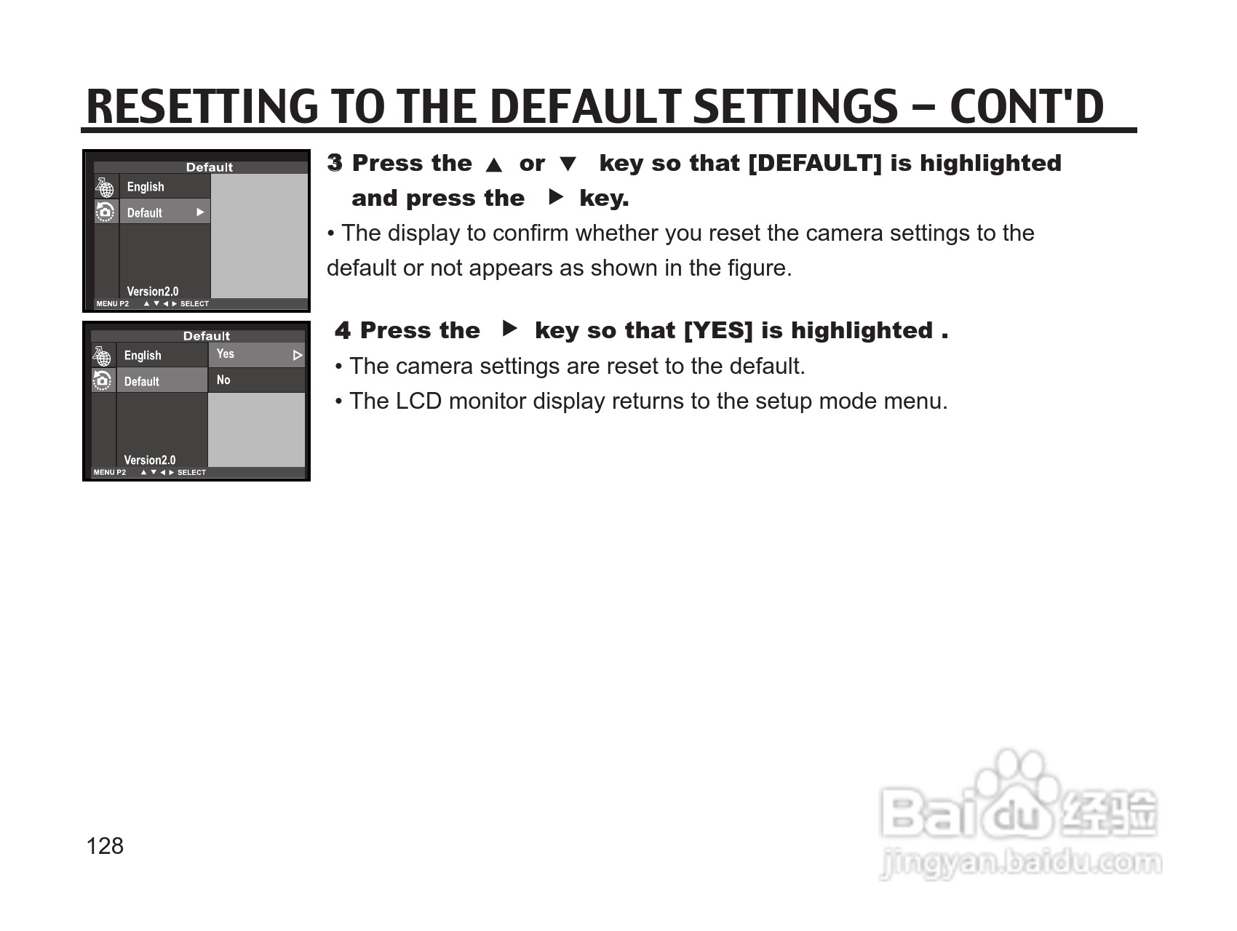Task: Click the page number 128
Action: point(105,846)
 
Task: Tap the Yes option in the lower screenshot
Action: point(226,354)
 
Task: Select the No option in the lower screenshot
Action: point(223,380)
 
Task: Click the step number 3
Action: point(335,163)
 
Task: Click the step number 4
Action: point(343,331)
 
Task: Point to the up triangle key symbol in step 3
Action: point(494,165)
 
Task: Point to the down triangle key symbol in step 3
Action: point(568,164)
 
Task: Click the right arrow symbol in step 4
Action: point(510,329)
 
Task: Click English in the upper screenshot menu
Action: point(146,187)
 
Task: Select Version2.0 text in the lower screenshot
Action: point(150,460)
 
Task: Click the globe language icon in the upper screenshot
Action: point(105,187)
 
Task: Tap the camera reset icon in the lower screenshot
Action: point(103,380)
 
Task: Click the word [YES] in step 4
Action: point(718,331)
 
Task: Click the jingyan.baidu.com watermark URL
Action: point(1021,863)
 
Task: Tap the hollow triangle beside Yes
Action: point(297,356)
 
